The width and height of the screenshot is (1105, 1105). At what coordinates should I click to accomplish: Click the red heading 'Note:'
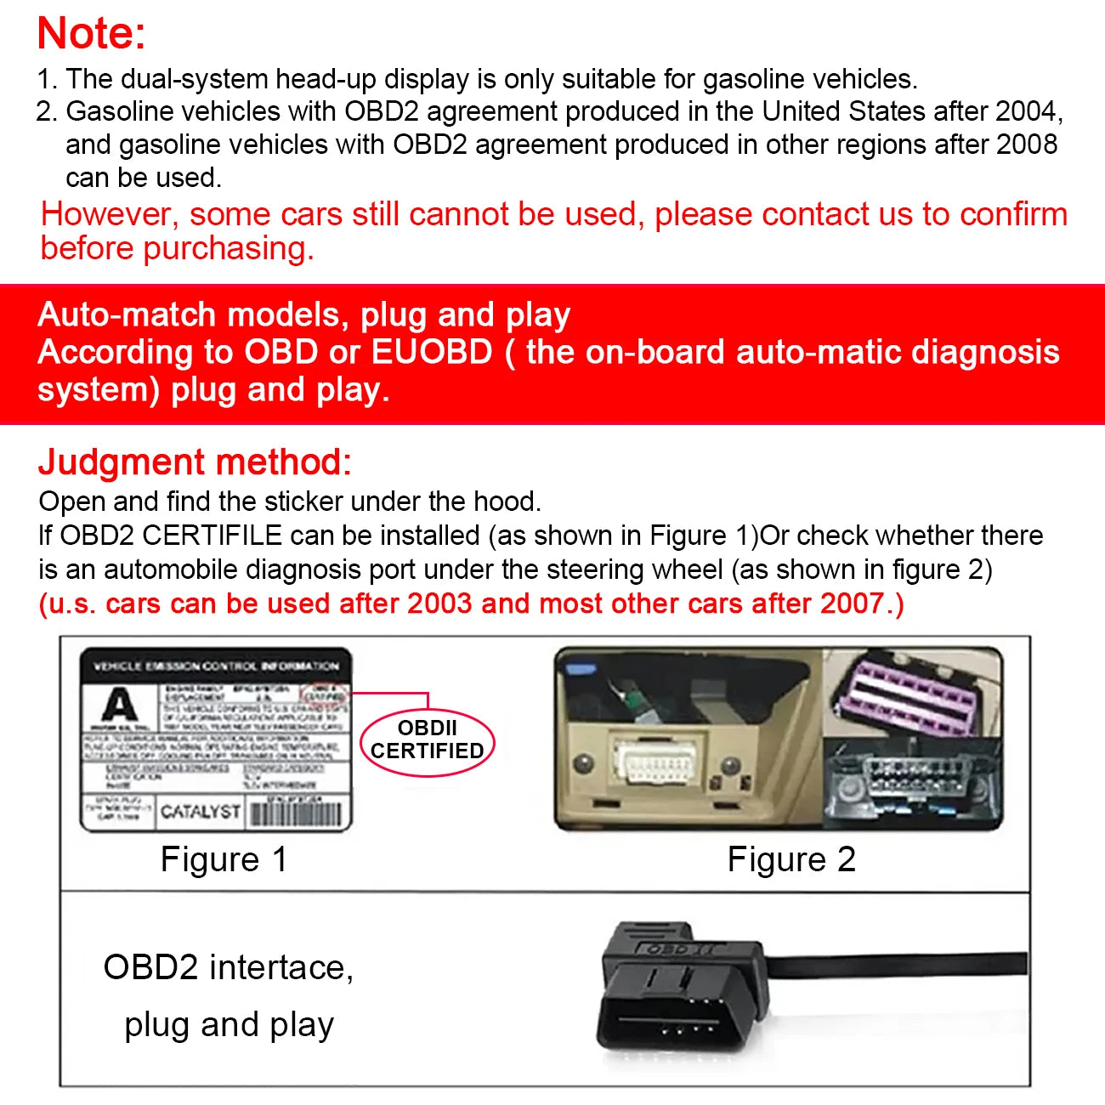[92, 35]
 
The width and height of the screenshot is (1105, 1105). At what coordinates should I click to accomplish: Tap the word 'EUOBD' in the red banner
[432, 352]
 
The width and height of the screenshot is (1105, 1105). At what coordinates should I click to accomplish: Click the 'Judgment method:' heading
[195, 462]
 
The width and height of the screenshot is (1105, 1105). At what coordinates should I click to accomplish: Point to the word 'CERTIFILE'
[212, 535]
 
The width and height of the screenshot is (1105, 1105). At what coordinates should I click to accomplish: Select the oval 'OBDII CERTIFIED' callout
[428, 740]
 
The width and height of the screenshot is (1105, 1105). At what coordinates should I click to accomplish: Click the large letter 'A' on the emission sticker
[119, 705]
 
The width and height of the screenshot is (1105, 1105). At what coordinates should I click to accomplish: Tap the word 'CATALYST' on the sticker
[201, 812]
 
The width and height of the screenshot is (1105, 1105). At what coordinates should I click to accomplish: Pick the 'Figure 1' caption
[224, 859]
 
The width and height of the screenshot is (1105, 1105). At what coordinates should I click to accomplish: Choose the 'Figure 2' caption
[790, 859]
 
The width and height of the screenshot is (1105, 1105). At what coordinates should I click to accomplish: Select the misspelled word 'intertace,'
[280, 967]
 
